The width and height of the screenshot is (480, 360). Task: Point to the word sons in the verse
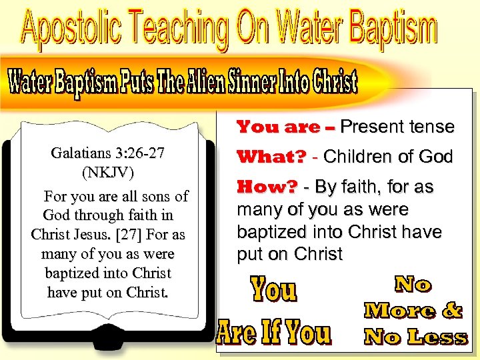(146, 196)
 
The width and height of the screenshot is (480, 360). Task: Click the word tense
(431, 126)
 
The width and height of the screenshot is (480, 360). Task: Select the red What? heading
(272, 157)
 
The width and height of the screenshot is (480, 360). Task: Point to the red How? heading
(267, 187)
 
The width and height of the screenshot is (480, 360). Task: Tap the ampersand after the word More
(451, 311)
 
